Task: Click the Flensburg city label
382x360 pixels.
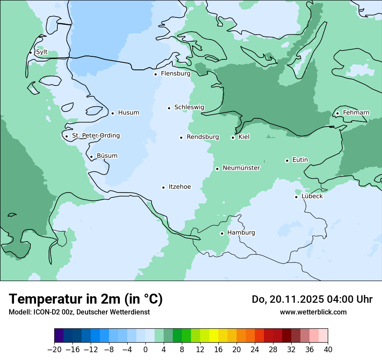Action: tap(175, 74)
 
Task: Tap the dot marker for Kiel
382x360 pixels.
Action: tap(233, 137)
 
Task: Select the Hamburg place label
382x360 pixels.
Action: tap(241, 233)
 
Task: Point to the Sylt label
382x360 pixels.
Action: tap(42, 52)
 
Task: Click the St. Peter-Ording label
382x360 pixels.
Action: tap(95, 136)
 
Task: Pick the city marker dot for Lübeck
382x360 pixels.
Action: tap(296, 197)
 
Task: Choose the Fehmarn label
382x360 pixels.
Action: tap(356, 113)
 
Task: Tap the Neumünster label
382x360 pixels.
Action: tap(241, 168)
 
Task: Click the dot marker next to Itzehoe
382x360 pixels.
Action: tap(164, 187)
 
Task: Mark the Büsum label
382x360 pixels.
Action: tap(107, 156)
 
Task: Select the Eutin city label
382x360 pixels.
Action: tap(300, 160)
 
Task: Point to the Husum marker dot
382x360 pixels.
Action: tap(112, 113)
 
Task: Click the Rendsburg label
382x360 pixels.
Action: tap(203, 137)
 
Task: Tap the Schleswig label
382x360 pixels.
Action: tap(189, 108)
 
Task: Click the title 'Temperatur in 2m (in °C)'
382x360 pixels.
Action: tap(86, 299)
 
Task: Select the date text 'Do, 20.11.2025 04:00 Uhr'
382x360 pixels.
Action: tap(312, 299)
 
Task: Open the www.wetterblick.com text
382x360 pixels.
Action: tap(313, 312)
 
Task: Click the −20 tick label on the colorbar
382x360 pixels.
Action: tap(54, 350)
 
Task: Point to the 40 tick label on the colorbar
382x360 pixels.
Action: tap(328, 350)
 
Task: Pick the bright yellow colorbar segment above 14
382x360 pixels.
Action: tap(214, 336)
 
